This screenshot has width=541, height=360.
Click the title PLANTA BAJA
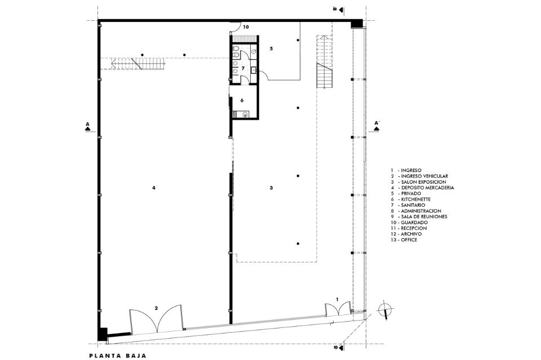point(118,356)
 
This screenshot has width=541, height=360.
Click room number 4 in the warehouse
point(154,188)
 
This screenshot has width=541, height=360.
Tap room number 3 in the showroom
point(271,188)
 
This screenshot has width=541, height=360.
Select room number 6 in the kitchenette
point(242,100)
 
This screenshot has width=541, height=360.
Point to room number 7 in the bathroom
point(243,68)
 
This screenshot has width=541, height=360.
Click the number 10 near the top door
point(246,26)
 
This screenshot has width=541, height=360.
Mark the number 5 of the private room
point(271,48)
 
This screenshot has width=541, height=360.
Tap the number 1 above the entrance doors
point(338,299)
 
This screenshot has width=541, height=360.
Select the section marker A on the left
point(88,126)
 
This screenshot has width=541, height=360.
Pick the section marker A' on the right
point(376,126)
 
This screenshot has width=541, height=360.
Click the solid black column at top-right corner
point(356,24)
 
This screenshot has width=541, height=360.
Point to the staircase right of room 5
point(325,62)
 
